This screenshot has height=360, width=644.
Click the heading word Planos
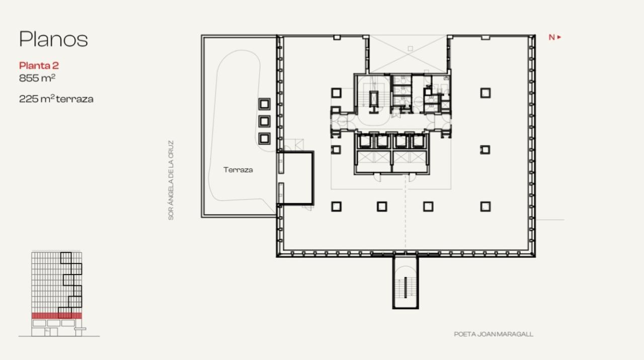click(53, 39)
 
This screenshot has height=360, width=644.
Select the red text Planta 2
click(39, 65)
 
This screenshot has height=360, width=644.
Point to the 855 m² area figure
click(37, 78)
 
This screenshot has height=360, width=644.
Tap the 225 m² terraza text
click(56, 99)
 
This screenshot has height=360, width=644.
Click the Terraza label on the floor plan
click(238, 170)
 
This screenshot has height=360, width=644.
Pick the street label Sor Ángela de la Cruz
click(171, 180)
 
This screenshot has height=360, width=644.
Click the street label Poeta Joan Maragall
click(493, 334)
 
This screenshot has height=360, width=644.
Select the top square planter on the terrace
click(264, 104)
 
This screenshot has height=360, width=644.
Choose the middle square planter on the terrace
click(264, 121)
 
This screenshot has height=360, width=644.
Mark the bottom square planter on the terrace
click(264, 139)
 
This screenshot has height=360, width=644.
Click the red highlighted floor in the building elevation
click(56, 316)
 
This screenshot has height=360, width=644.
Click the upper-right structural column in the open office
click(485, 93)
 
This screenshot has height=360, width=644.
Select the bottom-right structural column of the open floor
click(485, 206)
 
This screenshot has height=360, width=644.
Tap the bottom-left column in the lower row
click(336, 206)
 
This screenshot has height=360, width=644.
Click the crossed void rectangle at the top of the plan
click(408, 54)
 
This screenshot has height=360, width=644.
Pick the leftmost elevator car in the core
click(365, 142)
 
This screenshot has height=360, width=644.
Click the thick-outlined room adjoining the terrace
click(297, 178)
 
